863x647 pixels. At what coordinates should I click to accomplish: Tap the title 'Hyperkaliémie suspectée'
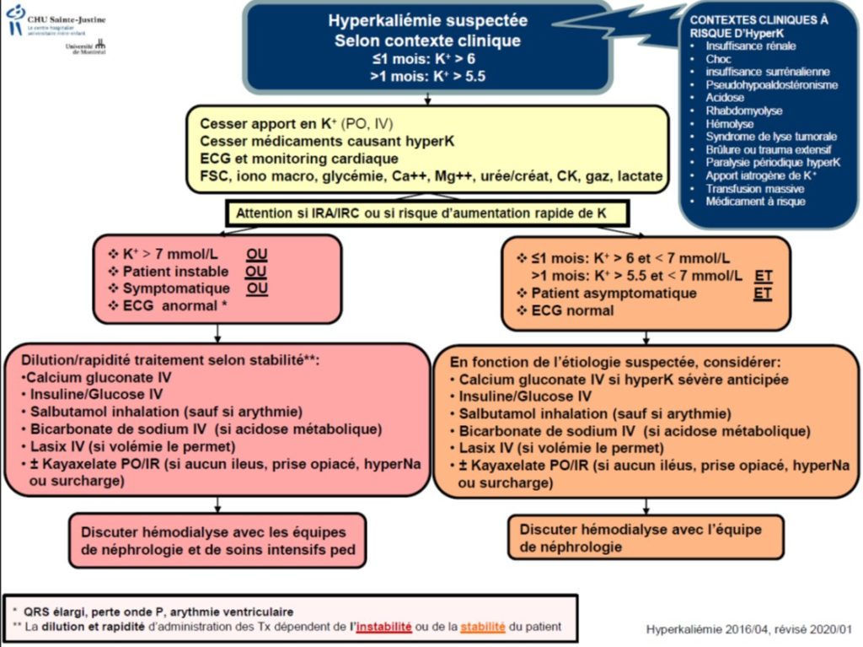(x=427, y=21)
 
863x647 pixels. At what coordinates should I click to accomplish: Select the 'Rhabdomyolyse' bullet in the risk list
(x=743, y=111)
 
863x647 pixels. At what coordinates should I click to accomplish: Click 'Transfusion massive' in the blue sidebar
(x=754, y=188)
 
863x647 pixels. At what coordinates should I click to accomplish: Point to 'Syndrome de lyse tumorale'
(x=771, y=137)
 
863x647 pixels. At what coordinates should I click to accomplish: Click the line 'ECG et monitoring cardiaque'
(x=299, y=159)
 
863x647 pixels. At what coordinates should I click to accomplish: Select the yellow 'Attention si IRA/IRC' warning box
(x=427, y=213)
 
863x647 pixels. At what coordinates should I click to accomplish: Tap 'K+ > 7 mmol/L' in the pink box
(x=170, y=254)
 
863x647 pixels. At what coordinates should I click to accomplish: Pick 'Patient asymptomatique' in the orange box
(x=614, y=294)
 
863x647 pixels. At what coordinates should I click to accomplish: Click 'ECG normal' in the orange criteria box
(x=572, y=310)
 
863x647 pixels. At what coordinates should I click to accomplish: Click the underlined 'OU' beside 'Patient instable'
(x=256, y=272)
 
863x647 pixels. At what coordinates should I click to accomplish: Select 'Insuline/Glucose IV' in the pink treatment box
(x=96, y=395)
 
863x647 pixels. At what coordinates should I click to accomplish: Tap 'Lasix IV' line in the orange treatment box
(x=561, y=448)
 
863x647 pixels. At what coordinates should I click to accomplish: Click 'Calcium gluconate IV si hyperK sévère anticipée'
(x=624, y=380)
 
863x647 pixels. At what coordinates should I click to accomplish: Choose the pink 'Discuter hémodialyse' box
(x=217, y=541)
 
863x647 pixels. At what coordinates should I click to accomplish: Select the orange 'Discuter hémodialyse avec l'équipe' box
(x=646, y=538)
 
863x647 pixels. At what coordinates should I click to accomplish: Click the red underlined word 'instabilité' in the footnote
(x=383, y=627)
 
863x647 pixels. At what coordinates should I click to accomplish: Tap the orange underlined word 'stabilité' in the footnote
(x=483, y=627)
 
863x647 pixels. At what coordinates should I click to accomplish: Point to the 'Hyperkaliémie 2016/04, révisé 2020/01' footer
(x=749, y=629)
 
